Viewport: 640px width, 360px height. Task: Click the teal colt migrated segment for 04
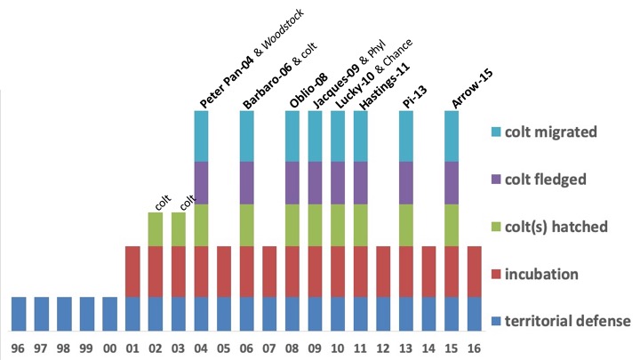point(201,135)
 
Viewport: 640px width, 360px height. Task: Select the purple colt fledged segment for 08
point(292,182)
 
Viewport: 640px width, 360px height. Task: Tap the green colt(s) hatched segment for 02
point(156,228)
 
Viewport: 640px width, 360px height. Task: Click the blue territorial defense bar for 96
point(20,313)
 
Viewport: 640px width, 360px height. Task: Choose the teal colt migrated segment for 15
point(452,135)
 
